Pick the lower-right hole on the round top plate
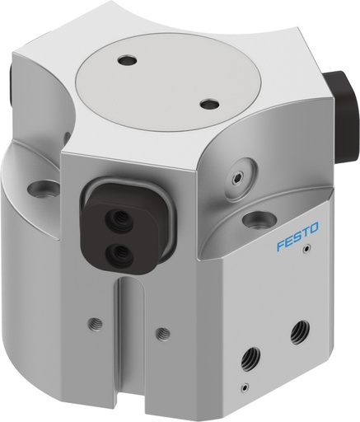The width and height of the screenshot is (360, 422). click(210, 105)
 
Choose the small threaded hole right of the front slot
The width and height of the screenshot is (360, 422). click(163, 333)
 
